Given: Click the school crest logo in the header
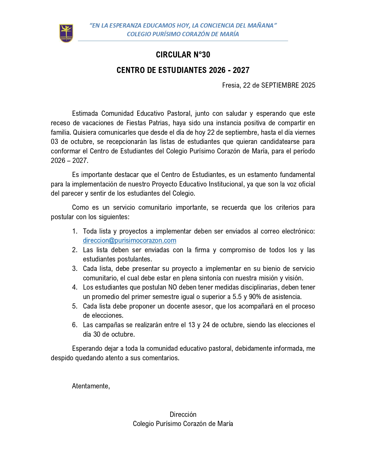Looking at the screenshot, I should [66, 33].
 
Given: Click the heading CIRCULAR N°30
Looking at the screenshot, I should [183, 55].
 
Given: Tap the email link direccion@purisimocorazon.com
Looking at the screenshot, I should [129, 240].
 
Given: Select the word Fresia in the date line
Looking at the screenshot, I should [231, 85].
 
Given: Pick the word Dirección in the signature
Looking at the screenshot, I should [183, 414].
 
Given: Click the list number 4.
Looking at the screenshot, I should [75, 287].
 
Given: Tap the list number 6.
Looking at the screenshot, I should [75, 325].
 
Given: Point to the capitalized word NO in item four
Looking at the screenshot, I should [173, 287].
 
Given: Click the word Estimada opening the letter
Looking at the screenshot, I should [85, 113].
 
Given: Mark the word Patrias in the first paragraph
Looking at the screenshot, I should [158, 123].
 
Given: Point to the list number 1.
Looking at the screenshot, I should [75, 231].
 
